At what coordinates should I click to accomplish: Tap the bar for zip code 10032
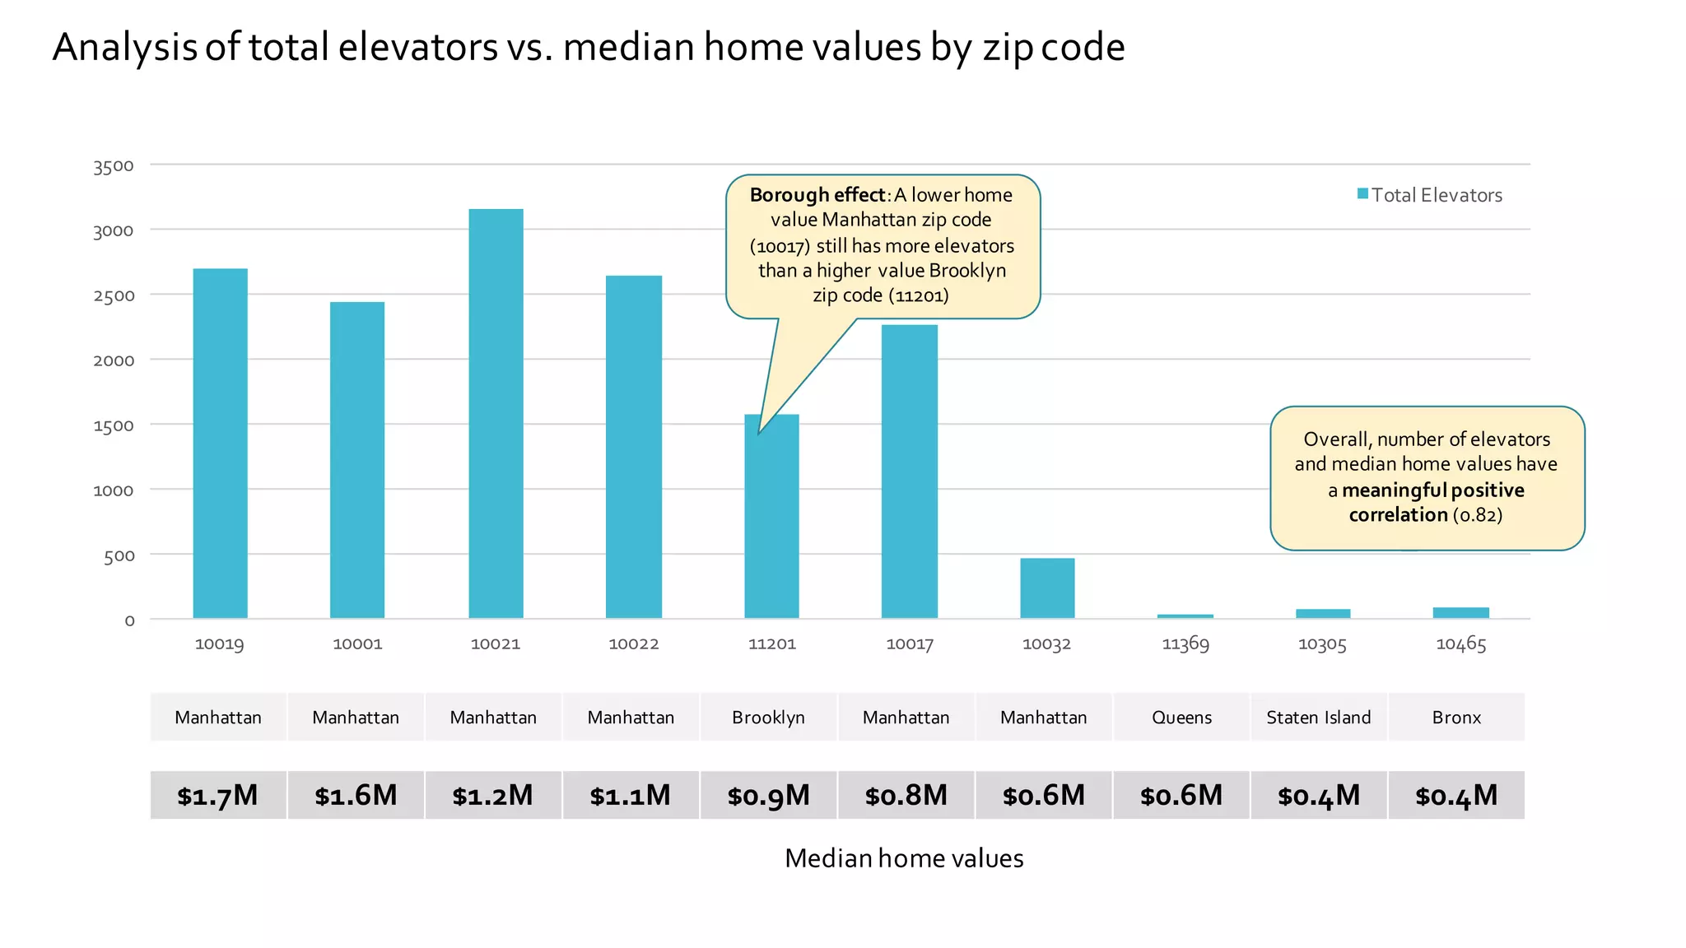[1047, 588]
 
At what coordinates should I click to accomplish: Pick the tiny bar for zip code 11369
[1185, 616]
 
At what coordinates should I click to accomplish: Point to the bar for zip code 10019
[220, 444]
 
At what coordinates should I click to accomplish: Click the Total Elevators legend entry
[1430, 195]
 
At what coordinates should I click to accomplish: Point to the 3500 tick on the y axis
[114, 166]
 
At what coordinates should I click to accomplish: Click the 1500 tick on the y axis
[114, 425]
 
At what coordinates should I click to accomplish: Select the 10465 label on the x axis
[1460, 644]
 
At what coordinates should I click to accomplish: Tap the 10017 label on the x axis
[909, 644]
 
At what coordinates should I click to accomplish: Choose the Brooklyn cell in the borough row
[768, 717]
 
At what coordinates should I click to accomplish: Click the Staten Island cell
[1318, 717]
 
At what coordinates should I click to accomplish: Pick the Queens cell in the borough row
[1181, 717]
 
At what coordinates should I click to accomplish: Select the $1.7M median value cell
[218, 795]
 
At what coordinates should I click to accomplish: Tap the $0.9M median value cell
[768, 795]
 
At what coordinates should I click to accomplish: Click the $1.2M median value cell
[493, 795]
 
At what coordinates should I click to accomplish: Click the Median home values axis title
[903, 858]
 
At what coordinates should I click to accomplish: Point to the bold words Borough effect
[817, 195]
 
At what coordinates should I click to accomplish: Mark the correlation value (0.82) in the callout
[1478, 515]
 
